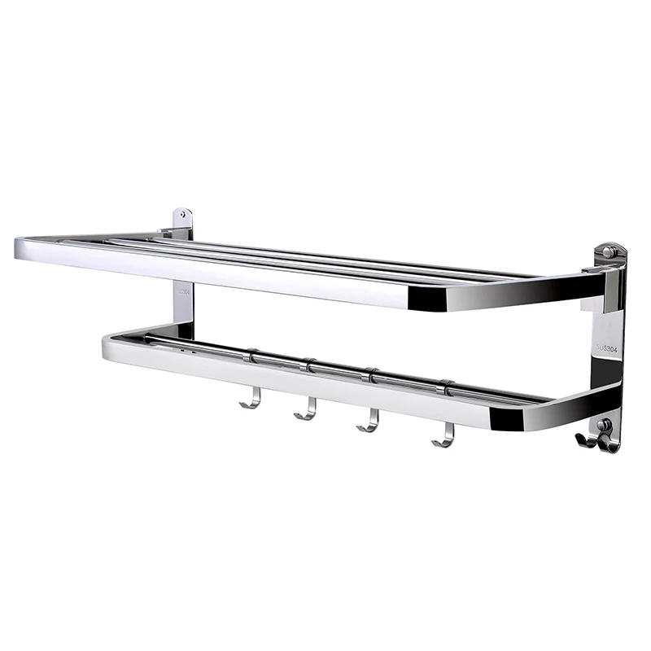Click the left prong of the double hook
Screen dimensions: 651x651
pos(584,441)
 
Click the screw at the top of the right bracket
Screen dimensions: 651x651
pos(607,253)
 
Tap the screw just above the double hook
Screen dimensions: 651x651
pos(603,424)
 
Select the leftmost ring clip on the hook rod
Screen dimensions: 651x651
pos(251,356)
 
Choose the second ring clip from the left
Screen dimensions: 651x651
pos(309,365)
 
